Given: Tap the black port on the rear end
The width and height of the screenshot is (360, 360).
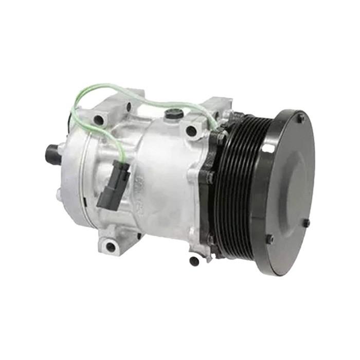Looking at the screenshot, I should [52, 153].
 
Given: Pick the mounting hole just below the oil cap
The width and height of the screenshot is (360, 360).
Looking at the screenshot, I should [191, 131].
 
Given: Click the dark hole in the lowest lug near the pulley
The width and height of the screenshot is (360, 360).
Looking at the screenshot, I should [194, 261].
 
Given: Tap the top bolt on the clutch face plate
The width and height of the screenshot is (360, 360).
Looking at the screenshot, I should [300, 118].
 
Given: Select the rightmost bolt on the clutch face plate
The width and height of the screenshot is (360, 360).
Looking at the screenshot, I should [307, 223].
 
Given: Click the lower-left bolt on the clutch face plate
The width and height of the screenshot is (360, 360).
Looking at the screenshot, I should [269, 239].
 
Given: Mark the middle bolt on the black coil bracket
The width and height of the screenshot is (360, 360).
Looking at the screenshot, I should [210, 177].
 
